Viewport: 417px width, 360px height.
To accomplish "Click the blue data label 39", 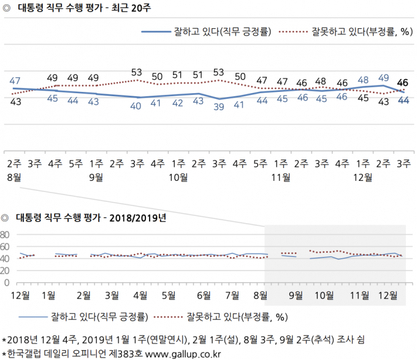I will [x=219, y=106].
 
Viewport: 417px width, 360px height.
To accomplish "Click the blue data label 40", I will [x=137, y=105].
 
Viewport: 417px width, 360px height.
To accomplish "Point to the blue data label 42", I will [x=178, y=102].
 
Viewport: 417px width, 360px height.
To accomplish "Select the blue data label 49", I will [x=384, y=77].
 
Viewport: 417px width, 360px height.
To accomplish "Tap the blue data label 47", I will [x=16, y=80].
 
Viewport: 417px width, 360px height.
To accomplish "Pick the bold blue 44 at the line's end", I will [x=404, y=101].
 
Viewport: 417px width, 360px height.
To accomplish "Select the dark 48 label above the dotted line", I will [x=321, y=81].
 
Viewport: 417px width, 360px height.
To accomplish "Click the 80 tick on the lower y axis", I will [x=7, y=235].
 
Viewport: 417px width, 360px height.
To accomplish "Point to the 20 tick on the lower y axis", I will [x=7, y=270].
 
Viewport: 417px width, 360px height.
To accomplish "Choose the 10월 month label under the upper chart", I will [x=178, y=177].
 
